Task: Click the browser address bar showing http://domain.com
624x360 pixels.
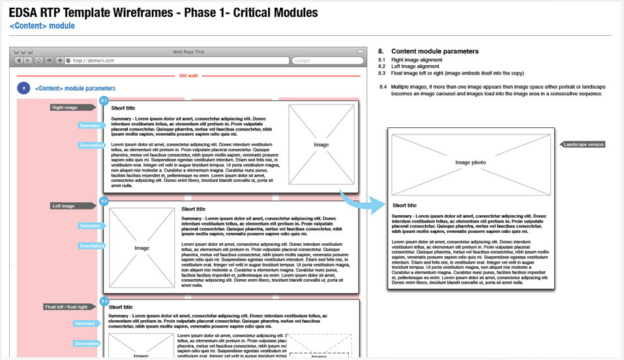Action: tap(176, 61)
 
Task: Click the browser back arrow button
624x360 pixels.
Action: tap(19, 61)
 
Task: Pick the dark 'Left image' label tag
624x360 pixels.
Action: tap(64, 206)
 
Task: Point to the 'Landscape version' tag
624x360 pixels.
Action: tap(584, 144)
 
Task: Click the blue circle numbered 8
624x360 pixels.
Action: tap(23, 88)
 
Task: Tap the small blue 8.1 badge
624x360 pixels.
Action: tap(104, 100)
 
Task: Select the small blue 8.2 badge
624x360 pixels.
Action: tap(104, 201)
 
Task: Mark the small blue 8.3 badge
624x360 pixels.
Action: tap(104, 301)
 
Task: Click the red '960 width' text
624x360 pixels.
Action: tap(189, 76)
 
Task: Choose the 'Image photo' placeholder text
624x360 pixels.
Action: tap(470, 162)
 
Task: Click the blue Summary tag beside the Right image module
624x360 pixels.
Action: tap(89, 125)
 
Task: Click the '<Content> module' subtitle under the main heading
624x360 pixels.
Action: tap(42, 25)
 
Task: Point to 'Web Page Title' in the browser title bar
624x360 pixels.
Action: tap(188, 51)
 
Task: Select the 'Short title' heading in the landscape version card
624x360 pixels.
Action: tap(406, 205)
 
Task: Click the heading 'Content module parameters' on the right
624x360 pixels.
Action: tap(435, 51)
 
